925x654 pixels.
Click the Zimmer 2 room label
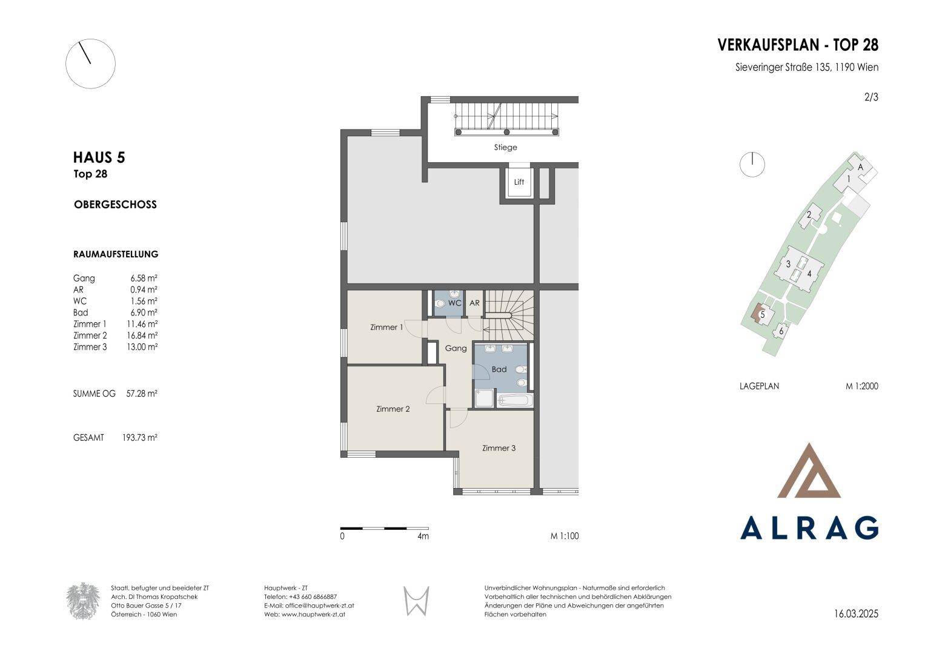coord(393,409)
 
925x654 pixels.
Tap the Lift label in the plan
coord(519,182)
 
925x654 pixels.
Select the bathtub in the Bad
coord(515,400)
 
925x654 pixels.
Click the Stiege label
coord(505,147)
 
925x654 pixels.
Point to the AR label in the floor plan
coord(474,303)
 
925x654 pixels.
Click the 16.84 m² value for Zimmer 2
coord(142,335)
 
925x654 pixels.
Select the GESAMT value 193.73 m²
coord(139,437)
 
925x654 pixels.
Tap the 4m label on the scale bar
coord(423,536)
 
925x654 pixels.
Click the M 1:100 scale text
coord(565,536)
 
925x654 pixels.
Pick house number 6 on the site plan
coord(781,331)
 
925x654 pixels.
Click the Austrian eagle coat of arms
coord(83,601)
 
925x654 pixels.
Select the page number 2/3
coord(871,97)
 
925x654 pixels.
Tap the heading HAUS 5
coord(99,157)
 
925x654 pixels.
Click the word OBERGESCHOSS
coord(115,205)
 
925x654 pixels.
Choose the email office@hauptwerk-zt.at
coord(319,606)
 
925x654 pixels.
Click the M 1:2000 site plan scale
coord(862,386)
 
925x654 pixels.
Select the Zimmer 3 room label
coord(499,448)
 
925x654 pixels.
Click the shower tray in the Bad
coord(485,398)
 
